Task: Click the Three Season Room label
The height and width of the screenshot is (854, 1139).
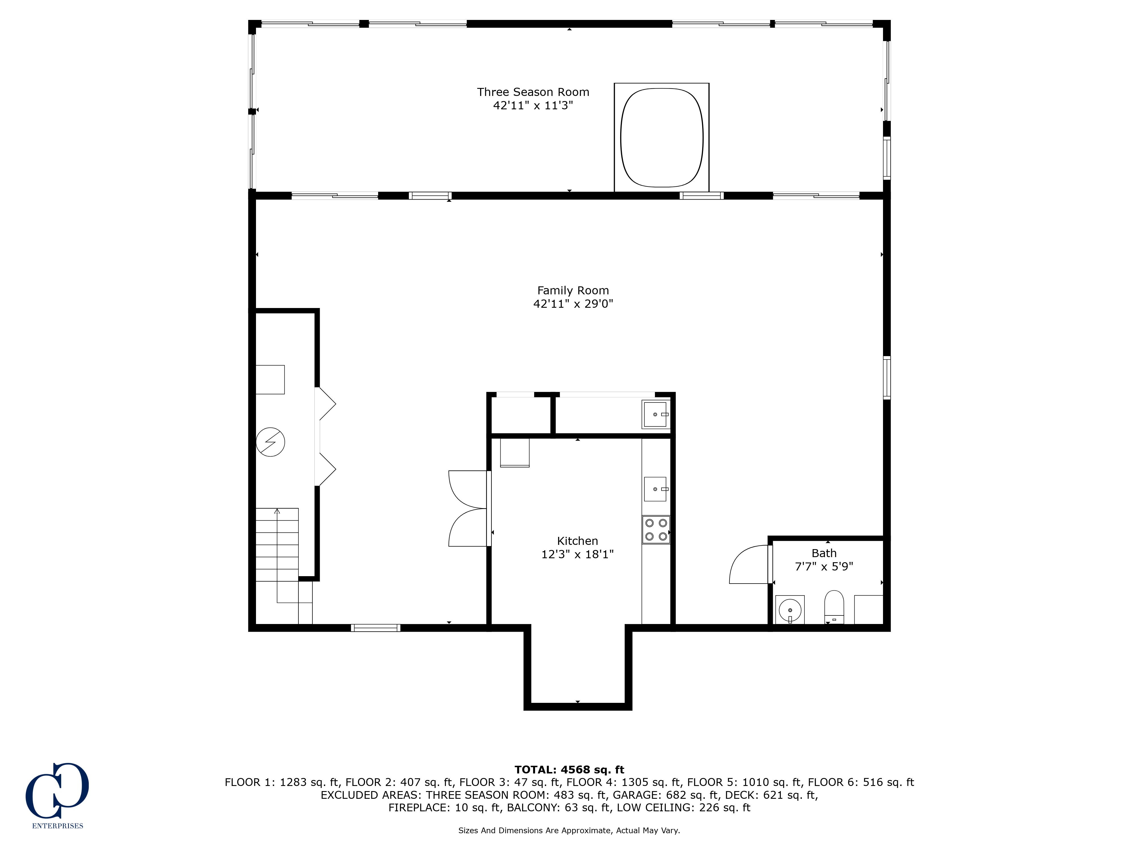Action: pyautogui.click(x=533, y=92)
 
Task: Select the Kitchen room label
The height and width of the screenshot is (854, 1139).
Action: pyautogui.click(x=577, y=541)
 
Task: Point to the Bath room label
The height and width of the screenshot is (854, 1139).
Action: pyautogui.click(x=824, y=553)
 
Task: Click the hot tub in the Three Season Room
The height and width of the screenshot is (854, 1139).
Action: pyautogui.click(x=662, y=137)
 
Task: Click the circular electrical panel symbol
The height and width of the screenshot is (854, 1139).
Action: pyautogui.click(x=270, y=442)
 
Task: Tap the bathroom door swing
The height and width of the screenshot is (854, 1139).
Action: pyautogui.click(x=749, y=564)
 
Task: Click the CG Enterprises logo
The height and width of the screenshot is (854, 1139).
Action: pyautogui.click(x=57, y=795)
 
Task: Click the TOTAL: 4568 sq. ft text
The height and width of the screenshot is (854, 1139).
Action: pyautogui.click(x=569, y=769)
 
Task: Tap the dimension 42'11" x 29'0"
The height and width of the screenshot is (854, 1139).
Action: pyautogui.click(x=573, y=304)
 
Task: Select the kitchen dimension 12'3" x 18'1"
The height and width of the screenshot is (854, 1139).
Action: pyautogui.click(x=577, y=555)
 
